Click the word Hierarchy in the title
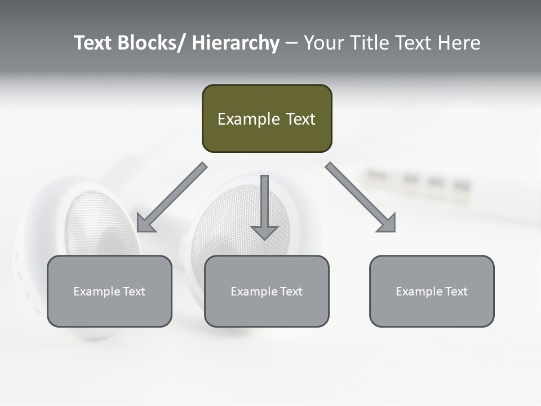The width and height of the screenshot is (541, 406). coord(236,43)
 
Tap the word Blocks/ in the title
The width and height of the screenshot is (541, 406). coord(150,43)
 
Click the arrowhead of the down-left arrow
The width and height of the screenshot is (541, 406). coord(146,223)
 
